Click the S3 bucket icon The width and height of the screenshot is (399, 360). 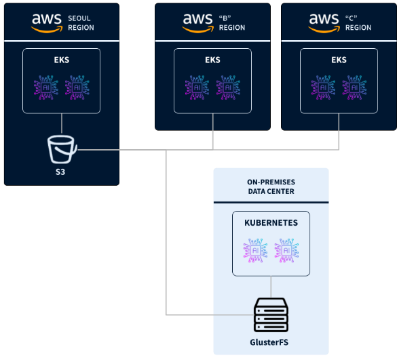pyautogui.click(x=62, y=149)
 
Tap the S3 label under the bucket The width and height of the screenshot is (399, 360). pyautogui.click(x=60, y=172)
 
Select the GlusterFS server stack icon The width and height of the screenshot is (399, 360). pyautogui.click(x=271, y=315)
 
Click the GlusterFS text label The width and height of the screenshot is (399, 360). pyautogui.click(x=269, y=342)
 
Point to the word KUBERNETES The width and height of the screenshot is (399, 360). pyautogui.click(x=271, y=222)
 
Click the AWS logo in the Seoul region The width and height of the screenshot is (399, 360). pyautogui.click(x=47, y=23)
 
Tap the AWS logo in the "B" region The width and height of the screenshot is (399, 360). pyautogui.click(x=197, y=23)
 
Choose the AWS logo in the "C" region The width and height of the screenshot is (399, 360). pyautogui.click(x=324, y=23)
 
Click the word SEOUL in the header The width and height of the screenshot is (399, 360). pyautogui.click(x=79, y=18)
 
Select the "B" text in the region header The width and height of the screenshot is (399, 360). pyautogui.click(x=225, y=18)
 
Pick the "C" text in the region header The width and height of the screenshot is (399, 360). pyautogui.click(x=351, y=18)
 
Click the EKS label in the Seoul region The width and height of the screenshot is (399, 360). pyautogui.click(x=62, y=60)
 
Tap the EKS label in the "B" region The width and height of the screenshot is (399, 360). pyautogui.click(x=213, y=60)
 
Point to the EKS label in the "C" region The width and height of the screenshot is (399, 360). pyautogui.click(x=339, y=60)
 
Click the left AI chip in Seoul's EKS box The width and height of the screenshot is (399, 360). pyautogui.click(x=46, y=87)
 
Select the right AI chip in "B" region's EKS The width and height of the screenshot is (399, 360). pyautogui.click(x=228, y=87)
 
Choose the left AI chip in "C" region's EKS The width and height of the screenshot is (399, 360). pyautogui.click(x=323, y=87)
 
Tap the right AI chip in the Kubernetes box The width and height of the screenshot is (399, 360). pyautogui.click(x=286, y=251)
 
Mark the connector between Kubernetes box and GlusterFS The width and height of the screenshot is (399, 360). pyautogui.click(x=271, y=287)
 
